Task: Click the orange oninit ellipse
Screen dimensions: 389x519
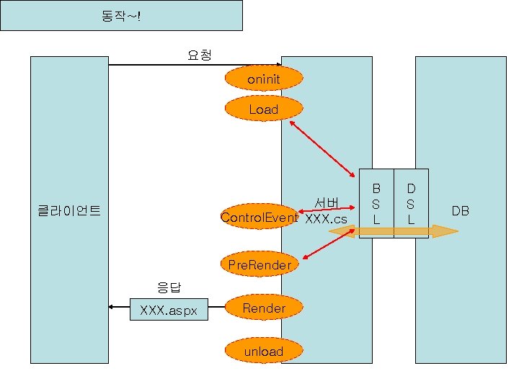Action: tap(263, 79)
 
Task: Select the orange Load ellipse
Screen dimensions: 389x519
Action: tap(263, 109)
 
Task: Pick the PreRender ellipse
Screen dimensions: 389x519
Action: tap(259, 264)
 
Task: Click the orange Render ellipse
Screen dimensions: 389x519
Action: tap(264, 308)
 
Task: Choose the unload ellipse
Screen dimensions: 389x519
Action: tap(263, 351)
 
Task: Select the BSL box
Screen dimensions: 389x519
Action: tap(376, 203)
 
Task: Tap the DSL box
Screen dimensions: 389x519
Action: tap(411, 203)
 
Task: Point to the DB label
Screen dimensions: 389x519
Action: tap(460, 211)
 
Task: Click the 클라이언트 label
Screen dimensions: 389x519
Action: tap(68, 211)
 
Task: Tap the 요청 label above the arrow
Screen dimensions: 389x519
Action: tap(199, 55)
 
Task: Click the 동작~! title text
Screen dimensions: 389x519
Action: tap(121, 15)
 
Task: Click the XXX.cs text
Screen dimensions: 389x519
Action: tap(326, 218)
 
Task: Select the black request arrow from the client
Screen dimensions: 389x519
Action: tap(195, 65)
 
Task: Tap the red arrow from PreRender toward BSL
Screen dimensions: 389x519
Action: tap(329, 243)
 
